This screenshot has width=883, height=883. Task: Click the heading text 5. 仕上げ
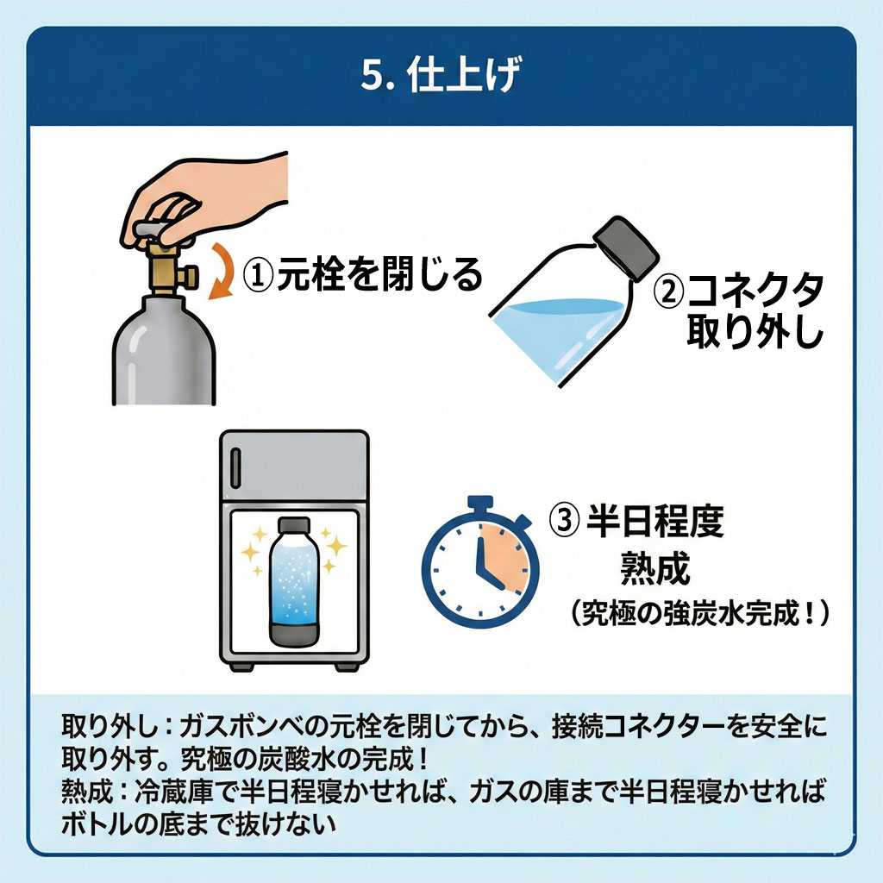tap(441, 74)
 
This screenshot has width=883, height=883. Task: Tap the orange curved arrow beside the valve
tap(225, 273)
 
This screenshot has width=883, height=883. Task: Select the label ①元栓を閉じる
tap(363, 274)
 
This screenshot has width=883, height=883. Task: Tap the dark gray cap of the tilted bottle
tap(626, 247)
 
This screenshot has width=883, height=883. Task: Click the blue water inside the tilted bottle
tap(558, 335)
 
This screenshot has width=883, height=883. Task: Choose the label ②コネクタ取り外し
tap(739, 309)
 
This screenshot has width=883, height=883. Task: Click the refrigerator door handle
tap(236, 468)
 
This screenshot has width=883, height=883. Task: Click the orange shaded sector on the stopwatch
tap(503, 558)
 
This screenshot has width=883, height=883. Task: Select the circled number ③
tap(564, 520)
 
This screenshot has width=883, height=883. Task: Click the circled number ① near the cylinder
tap(258, 275)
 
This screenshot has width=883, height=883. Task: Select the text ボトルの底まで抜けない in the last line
tap(198, 824)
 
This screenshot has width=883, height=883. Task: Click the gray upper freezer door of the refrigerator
tap(295, 466)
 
